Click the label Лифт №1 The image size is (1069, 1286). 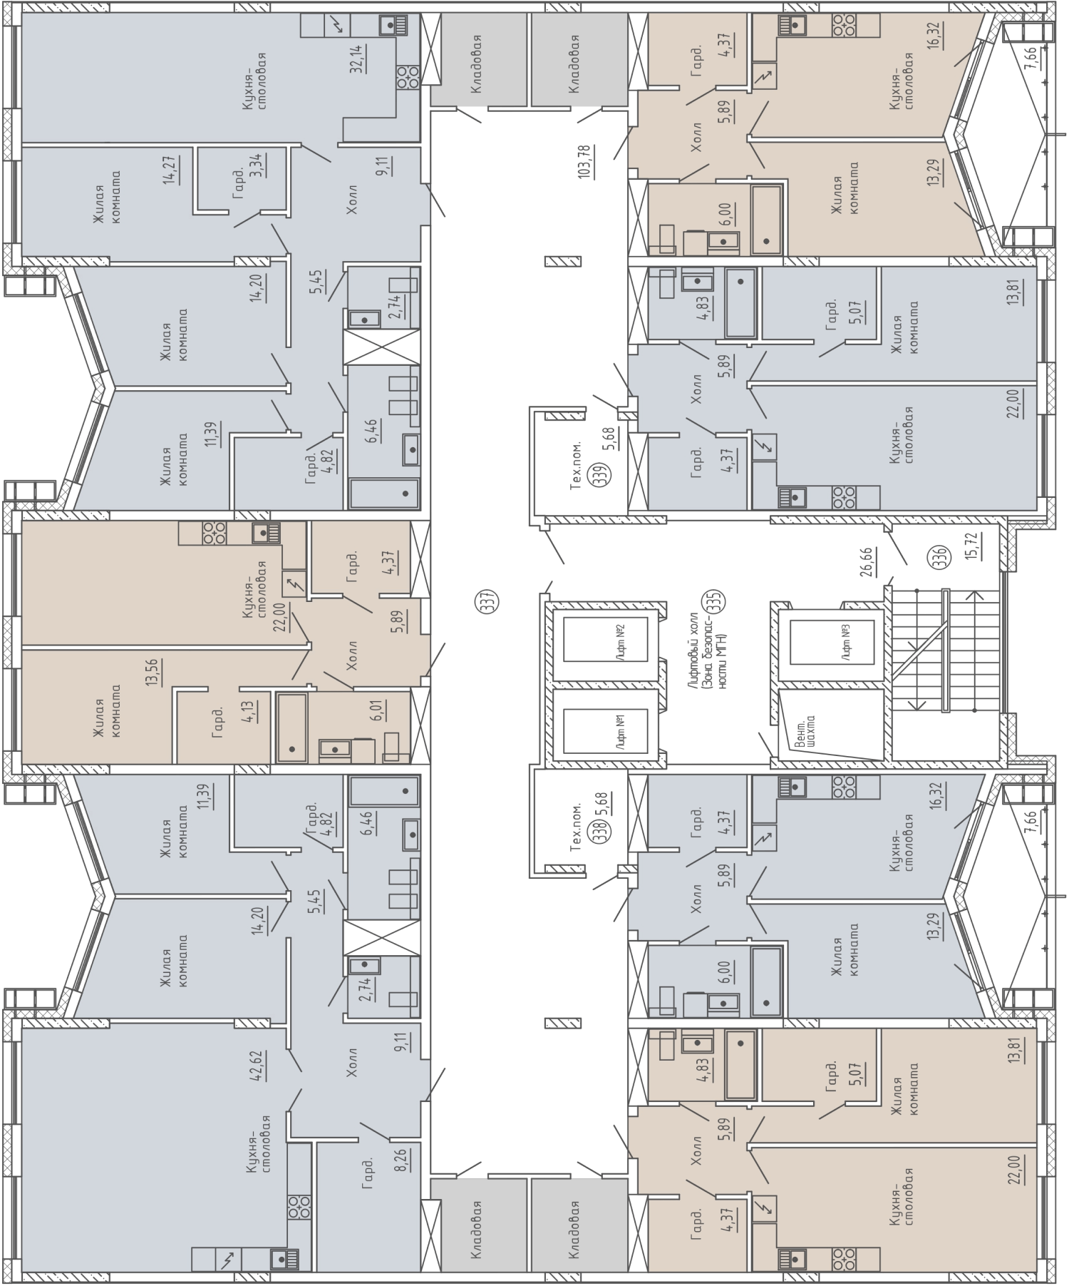[x=620, y=732]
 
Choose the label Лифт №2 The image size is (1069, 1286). [x=620, y=640]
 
